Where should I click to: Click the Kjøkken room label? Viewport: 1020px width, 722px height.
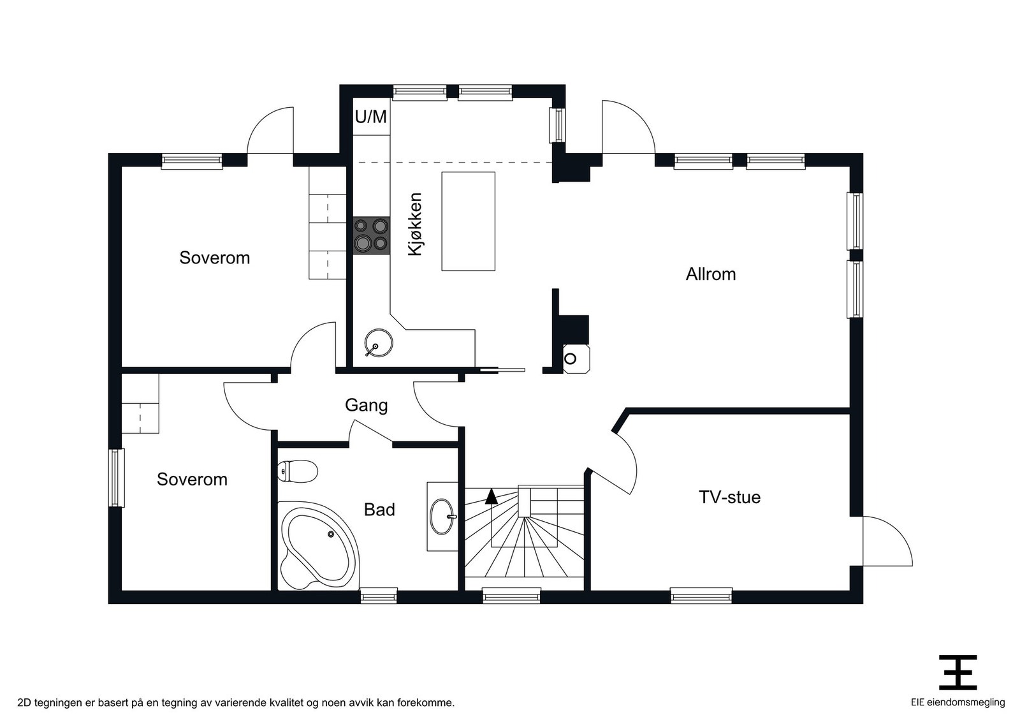[415, 224]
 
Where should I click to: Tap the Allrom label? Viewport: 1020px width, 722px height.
[710, 274]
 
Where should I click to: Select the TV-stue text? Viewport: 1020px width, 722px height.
[729, 497]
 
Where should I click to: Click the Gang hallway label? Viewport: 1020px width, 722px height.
[367, 406]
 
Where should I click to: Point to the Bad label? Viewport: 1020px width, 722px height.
[379, 509]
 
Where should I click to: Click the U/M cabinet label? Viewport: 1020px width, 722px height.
[371, 117]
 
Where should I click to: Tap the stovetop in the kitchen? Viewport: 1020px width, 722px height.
[372, 235]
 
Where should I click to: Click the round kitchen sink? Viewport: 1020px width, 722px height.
[379, 344]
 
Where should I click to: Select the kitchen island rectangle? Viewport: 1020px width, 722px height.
[468, 221]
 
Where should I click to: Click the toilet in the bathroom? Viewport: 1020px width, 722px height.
[297, 471]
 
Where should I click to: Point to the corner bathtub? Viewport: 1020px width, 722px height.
[318, 546]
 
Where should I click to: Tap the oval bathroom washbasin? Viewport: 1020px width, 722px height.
[442, 517]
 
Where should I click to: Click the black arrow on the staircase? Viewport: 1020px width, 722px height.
[492, 496]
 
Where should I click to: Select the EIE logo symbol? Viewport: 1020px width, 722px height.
[958, 673]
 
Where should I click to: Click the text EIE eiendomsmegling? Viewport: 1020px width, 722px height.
[958, 702]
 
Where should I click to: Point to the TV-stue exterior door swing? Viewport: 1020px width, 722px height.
[887, 541]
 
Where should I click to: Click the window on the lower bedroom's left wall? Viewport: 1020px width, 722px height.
[117, 478]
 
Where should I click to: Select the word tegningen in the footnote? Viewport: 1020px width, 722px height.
[56, 703]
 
